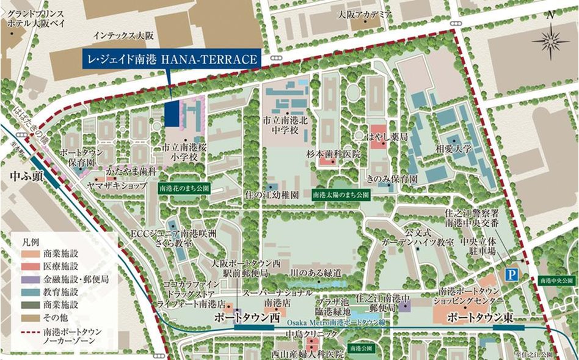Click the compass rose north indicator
click(x=551, y=40)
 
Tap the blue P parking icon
click(x=511, y=275)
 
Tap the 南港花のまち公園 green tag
click(x=184, y=189)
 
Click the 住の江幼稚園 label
click(x=277, y=195)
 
